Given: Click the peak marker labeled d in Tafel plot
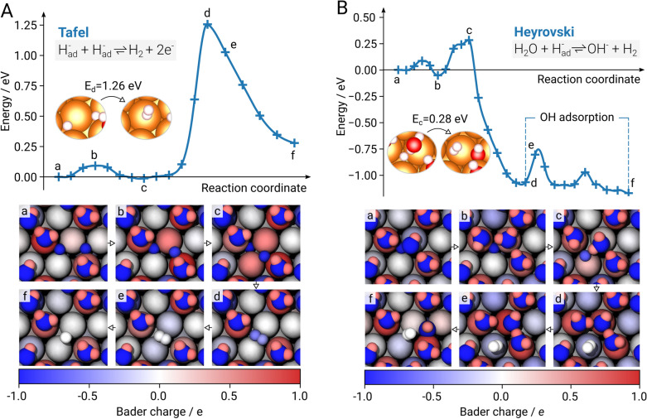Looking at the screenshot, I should tap(207, 25).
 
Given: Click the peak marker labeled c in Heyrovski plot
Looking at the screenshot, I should tap(469, 40).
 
